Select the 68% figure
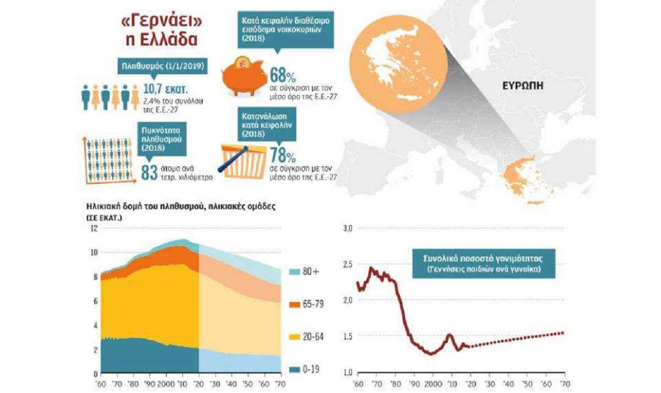pos(283,75)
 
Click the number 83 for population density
pos(149,172)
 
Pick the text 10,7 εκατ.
pos(166,89)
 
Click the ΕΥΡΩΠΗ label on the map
pos(523,86)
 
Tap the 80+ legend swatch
pos(295,272)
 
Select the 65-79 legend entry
pos(306,304)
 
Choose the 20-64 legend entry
pos(306,337)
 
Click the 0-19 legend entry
pos(304,369)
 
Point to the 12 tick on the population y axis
pos(94,228)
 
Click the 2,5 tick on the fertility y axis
pos(348,264)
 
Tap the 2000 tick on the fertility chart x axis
pos(433,384)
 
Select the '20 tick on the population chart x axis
pos(199,384)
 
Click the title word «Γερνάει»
pos(162,22)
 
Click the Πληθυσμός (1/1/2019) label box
pos(162,66)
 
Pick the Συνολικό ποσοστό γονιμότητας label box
pos(484,264)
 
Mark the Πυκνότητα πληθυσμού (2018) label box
pos(162,139)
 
